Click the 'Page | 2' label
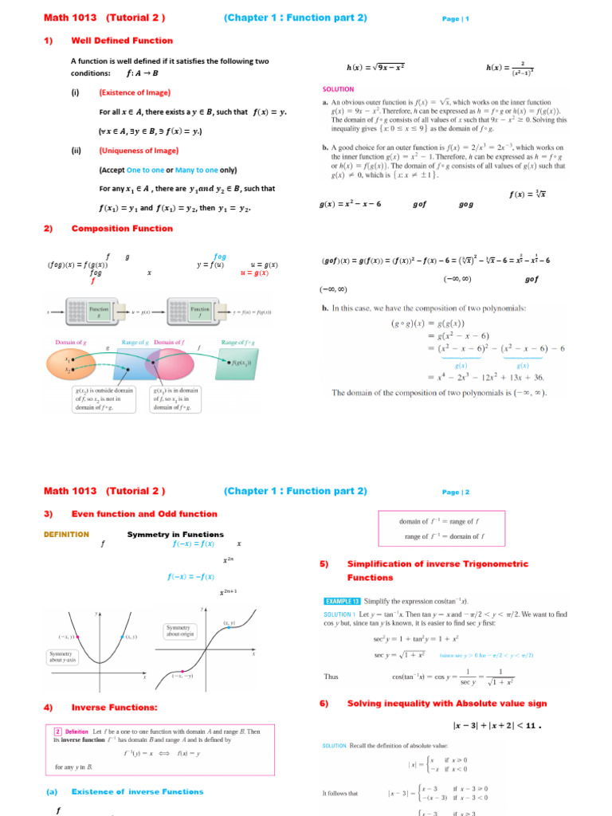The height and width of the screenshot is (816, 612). click(455, 492)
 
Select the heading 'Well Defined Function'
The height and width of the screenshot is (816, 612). click(122, 41)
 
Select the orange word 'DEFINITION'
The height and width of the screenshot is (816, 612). click(66, 535)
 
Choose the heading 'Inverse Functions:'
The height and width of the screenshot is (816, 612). click(115, 707)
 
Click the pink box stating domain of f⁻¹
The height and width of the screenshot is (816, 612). click(445, 529)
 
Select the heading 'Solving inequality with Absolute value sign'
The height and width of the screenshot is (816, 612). click(437, 704)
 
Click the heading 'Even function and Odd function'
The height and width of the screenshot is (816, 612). click(144, 514)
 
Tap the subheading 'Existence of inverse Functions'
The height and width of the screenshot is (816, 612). click(132, 791)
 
